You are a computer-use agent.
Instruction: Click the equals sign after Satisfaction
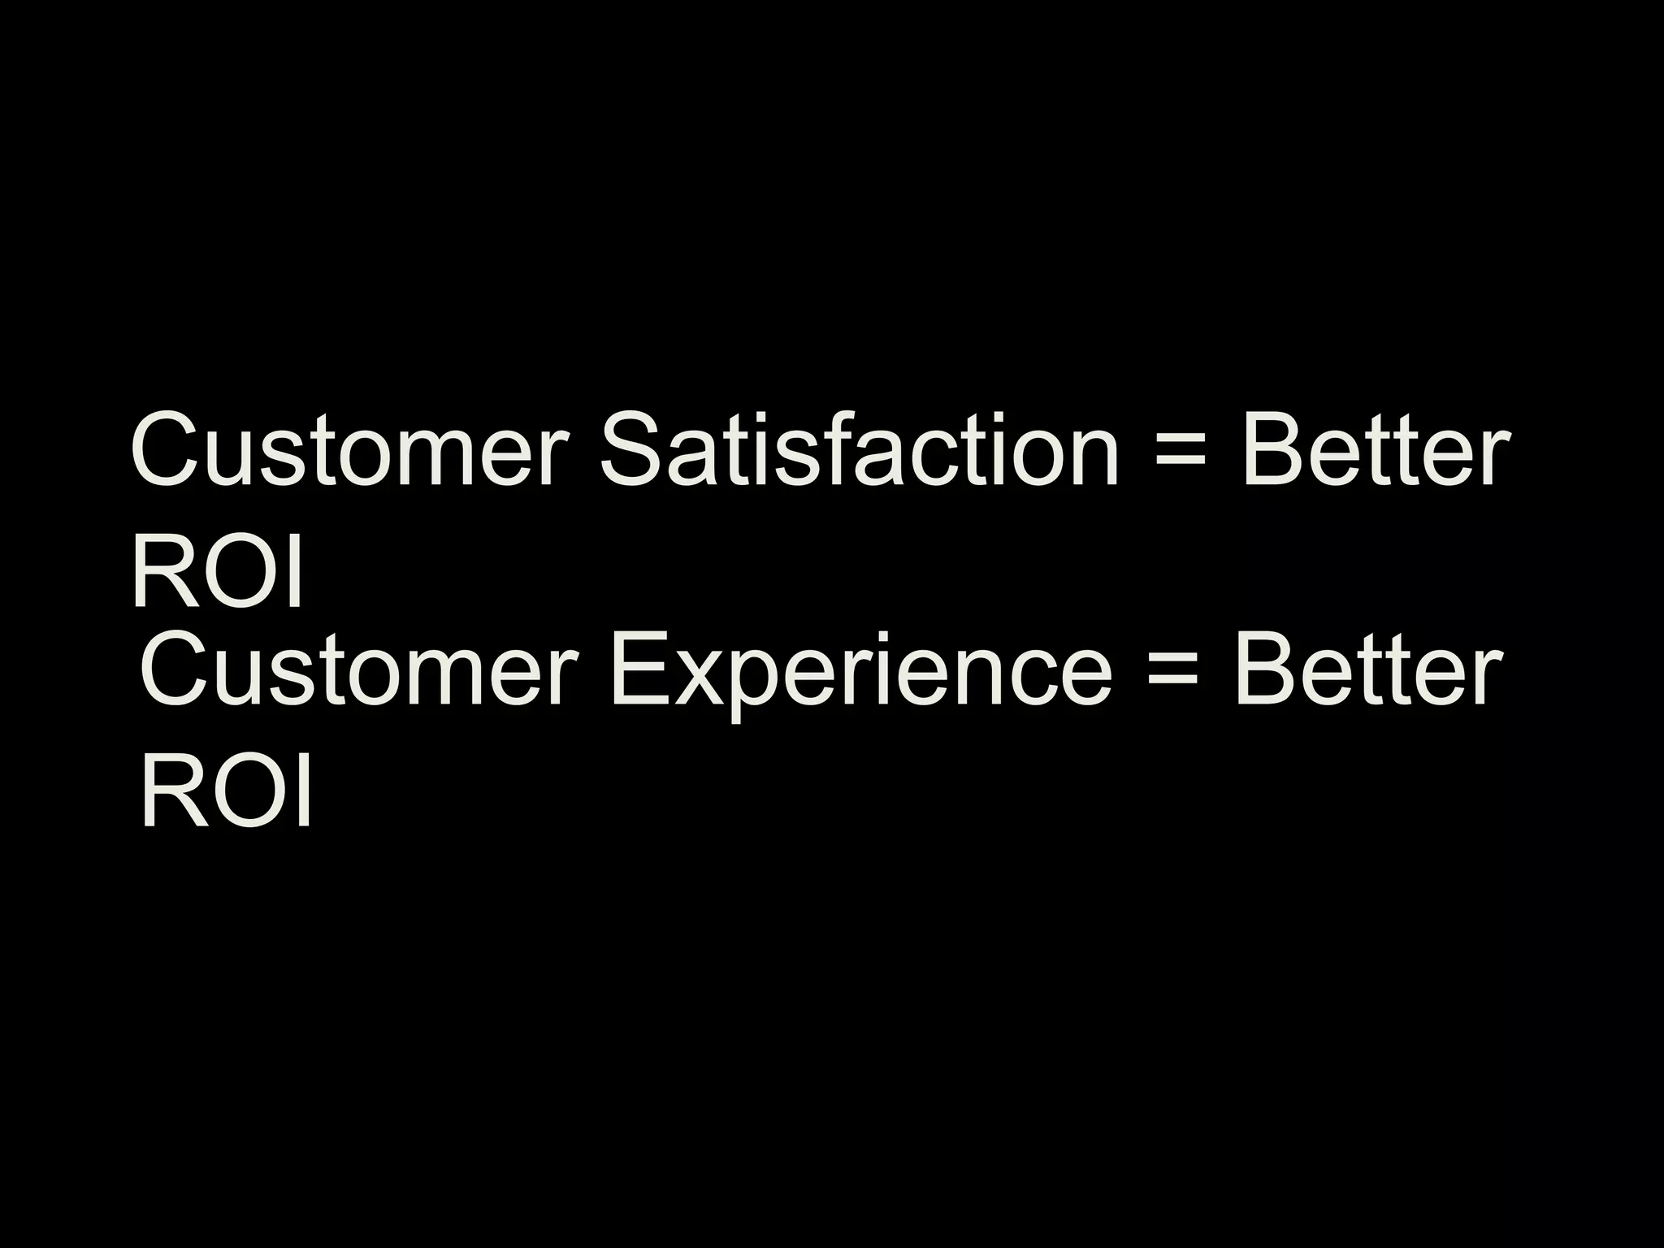(1179, 451)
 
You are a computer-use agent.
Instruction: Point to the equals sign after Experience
(1172, 673)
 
